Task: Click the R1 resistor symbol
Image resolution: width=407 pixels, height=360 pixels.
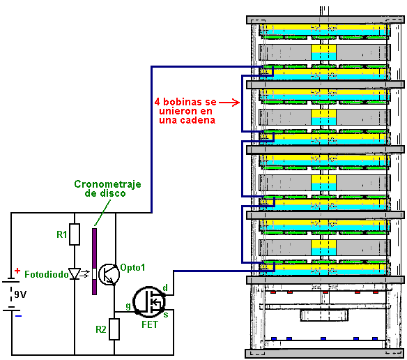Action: pyautogui.click(x=75, y=234)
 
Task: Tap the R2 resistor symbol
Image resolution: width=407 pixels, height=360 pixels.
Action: pyautogui.click(x=114, y=329)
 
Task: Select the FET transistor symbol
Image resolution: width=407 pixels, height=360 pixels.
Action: pyautogui.click(x=149, y=302)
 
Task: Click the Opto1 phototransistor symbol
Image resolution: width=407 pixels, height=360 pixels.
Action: pyautogui.click(x=109, y=274)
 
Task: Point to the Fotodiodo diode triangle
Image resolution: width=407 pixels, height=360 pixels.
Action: pyautogui.click(x=75, y=274)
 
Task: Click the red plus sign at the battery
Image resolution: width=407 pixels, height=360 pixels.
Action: pyautogui.click(x=17, y=271)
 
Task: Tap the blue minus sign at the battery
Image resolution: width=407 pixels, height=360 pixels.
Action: pyautogui.click(x=18, y=316)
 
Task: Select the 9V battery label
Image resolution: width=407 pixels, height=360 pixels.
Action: pyautogui.click(x=20, y=294)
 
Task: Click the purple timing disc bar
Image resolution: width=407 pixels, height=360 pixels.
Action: pyautogui.click(x=95, y=262)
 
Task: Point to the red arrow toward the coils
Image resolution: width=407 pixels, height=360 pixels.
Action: pyautogui.click(x=229, y=103)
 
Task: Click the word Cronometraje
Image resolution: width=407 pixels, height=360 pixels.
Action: pyautogui.click(x=107, y=184)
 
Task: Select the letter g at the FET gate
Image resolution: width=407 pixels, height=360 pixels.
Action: pyautogui.click(x=128, y=306)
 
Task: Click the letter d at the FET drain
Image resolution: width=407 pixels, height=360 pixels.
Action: pyautogui.click(x=165, y=287)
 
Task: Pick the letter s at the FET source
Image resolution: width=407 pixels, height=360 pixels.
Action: pyautogui.click(x=166, y=315)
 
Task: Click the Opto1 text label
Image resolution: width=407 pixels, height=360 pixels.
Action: pyautogui.click(x=132, y=267)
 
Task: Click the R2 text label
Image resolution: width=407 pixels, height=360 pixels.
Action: pyautogui.click(x=101, y=329)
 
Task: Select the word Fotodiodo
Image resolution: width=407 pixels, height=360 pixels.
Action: pyautogui.click(x=47, y=274)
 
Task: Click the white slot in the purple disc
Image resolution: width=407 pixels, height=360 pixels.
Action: pyautogui.click(x=95, y=273)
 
